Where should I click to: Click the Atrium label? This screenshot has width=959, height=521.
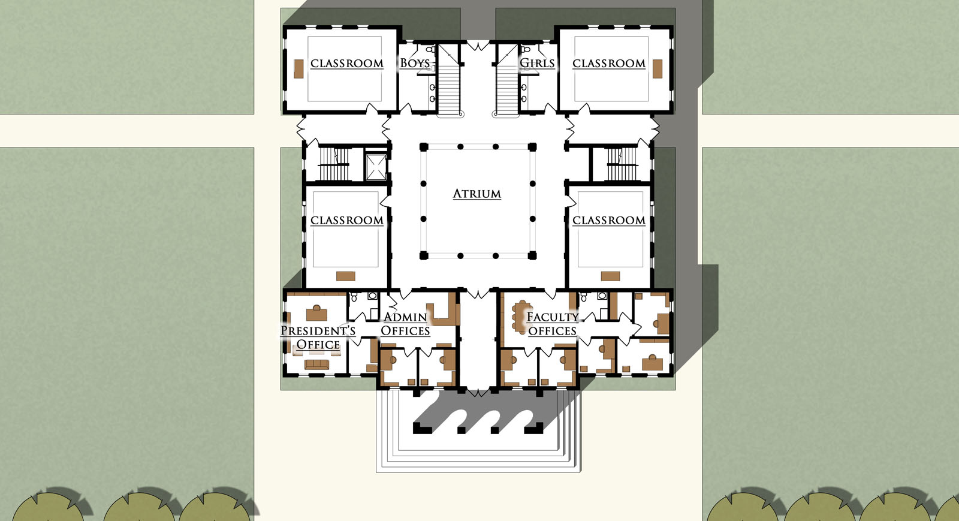[x=477, y=194]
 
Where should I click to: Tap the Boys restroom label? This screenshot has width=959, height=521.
[x=414, y=64]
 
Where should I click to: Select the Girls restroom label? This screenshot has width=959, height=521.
[x=537, y=64]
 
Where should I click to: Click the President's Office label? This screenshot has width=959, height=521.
[x=318, y=338]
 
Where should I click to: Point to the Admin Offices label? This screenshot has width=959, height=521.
[x=405, y=324]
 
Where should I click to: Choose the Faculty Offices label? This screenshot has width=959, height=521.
[x=552, y=324]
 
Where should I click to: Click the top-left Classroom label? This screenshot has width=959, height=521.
[x=347, y=64]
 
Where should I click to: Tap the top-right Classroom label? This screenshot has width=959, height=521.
[x=609, y=64]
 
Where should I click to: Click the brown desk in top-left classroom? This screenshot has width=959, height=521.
[x=299, y=69]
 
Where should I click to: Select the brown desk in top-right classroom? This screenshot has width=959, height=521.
[x=657, y=69]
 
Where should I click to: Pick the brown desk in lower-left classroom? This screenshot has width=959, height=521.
[x=345, y=276]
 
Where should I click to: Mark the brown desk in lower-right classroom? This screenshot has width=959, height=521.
[x=611, y=276]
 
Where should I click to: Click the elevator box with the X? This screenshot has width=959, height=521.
[x=376, y=167]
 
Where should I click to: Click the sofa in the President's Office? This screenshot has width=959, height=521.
[x=317, y=365]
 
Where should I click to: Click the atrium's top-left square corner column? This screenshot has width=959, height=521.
[x=424, y=147]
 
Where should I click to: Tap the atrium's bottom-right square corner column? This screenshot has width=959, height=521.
[x=532, y=255]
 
